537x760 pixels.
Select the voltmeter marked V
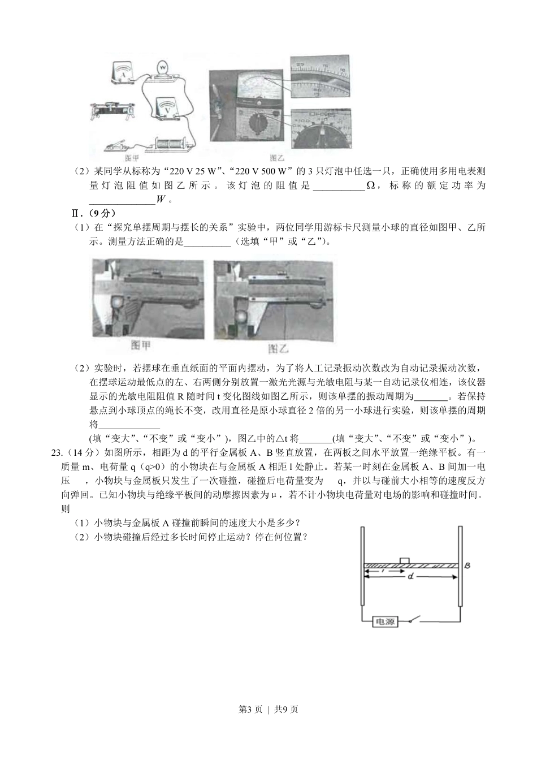166,107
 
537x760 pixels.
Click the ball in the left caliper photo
118,304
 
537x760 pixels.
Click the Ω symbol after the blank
371,186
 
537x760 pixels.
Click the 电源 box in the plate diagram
385,621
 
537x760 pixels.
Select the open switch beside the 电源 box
418,620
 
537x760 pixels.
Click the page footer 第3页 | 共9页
268,710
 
